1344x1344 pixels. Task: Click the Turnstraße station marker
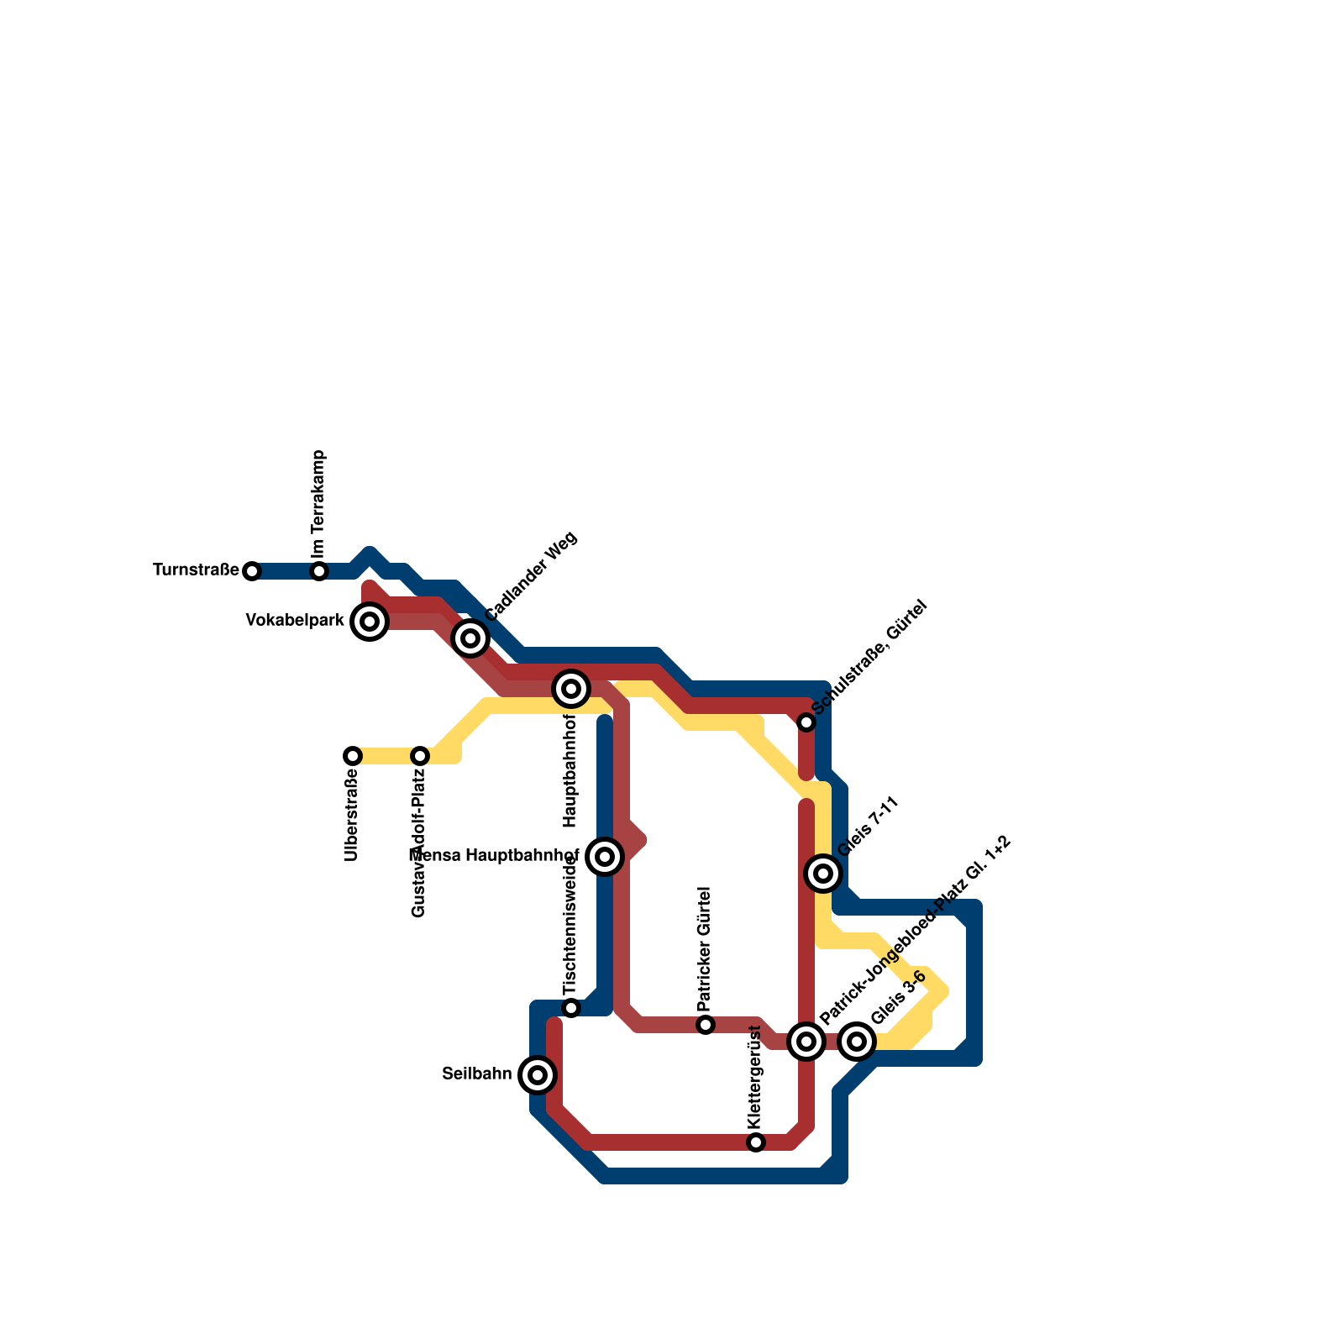[252, 571]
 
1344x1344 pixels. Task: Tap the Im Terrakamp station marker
[319, 571]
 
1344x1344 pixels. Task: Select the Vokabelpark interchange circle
[370, 622]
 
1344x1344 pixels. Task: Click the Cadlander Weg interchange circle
[470, 638]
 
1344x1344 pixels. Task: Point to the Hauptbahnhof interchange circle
[571, 689]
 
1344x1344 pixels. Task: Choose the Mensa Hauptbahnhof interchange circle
[605, 857]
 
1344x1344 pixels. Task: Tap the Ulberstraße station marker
[353, 756]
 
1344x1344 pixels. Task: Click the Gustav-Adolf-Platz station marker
[420, 756]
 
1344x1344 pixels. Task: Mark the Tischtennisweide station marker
[571, 1008]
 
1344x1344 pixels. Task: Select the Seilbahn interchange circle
[538, 1075]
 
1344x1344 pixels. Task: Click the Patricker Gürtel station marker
[706, 1025]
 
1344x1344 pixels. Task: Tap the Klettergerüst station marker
[756, 1142]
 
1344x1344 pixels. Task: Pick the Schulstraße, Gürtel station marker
[806, 722]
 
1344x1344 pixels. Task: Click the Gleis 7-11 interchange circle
[823, 874]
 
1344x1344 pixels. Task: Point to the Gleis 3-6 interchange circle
[857, 1042]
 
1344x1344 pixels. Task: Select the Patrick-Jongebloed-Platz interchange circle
[806, 1042]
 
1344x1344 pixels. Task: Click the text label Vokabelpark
[295, 621]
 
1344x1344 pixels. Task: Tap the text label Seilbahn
[476, 1074]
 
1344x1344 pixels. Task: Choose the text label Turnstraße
[196, 570]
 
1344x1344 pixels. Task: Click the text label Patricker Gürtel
[705, 949]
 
